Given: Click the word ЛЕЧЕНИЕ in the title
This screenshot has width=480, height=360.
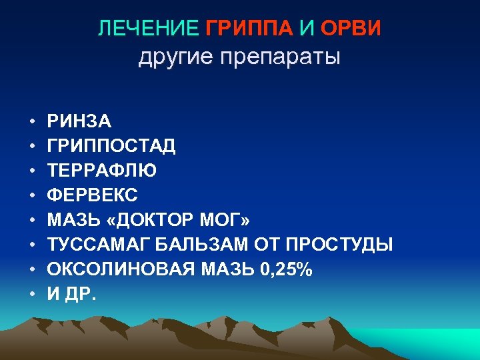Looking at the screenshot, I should [x=148, y=29].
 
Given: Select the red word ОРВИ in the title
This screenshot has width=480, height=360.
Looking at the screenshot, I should [x=351, y=29].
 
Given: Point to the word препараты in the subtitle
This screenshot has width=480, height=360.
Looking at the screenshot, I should [x=281, y=57].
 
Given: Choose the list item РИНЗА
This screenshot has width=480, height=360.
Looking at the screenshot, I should [x=79, y=121].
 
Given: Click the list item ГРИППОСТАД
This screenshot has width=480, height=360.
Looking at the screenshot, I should [x=111, y=146].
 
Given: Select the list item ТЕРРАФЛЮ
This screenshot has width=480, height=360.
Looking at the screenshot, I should [x=102, y=171].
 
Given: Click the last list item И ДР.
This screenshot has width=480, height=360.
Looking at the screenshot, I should [x=71, y=295].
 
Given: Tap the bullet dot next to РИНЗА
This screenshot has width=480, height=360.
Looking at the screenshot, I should [x=31, y=122].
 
